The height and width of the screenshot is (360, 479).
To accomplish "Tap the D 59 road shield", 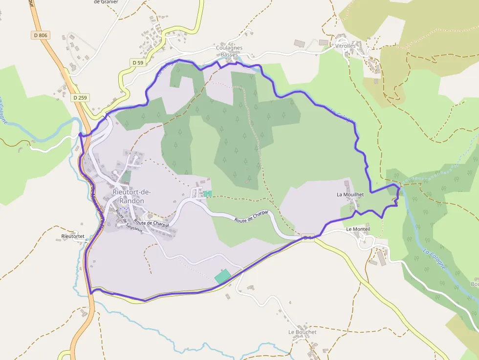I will (x=138, y=63).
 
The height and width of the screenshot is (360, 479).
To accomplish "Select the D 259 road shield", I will (x=80, y=98).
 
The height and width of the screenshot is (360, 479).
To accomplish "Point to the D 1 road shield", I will (x=307, y=238).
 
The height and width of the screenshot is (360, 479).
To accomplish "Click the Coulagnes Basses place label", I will (x=229, y=51).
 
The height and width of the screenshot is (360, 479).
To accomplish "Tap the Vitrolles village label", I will (x=345, y=46).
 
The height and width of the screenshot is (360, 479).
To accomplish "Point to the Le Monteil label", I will (x=358, y=229).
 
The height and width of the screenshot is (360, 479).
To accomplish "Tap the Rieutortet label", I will (x=73, y=236).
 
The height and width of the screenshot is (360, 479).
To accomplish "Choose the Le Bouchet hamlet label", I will (x=302, y=332).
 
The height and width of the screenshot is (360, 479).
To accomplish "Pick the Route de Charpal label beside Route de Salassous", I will (x=152, y=223).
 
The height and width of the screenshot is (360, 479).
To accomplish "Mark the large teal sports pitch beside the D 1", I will (x=222, y=276).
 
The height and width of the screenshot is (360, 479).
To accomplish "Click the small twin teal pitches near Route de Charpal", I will (x=208, y=194).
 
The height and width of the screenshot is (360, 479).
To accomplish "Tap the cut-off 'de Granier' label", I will (x=106, y=2).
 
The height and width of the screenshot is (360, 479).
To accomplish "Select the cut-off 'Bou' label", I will (x=474, y=284).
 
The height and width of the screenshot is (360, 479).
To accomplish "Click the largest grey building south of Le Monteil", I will (x=381, y=256).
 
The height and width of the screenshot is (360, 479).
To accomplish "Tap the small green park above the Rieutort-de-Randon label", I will (x=126, y=176).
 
